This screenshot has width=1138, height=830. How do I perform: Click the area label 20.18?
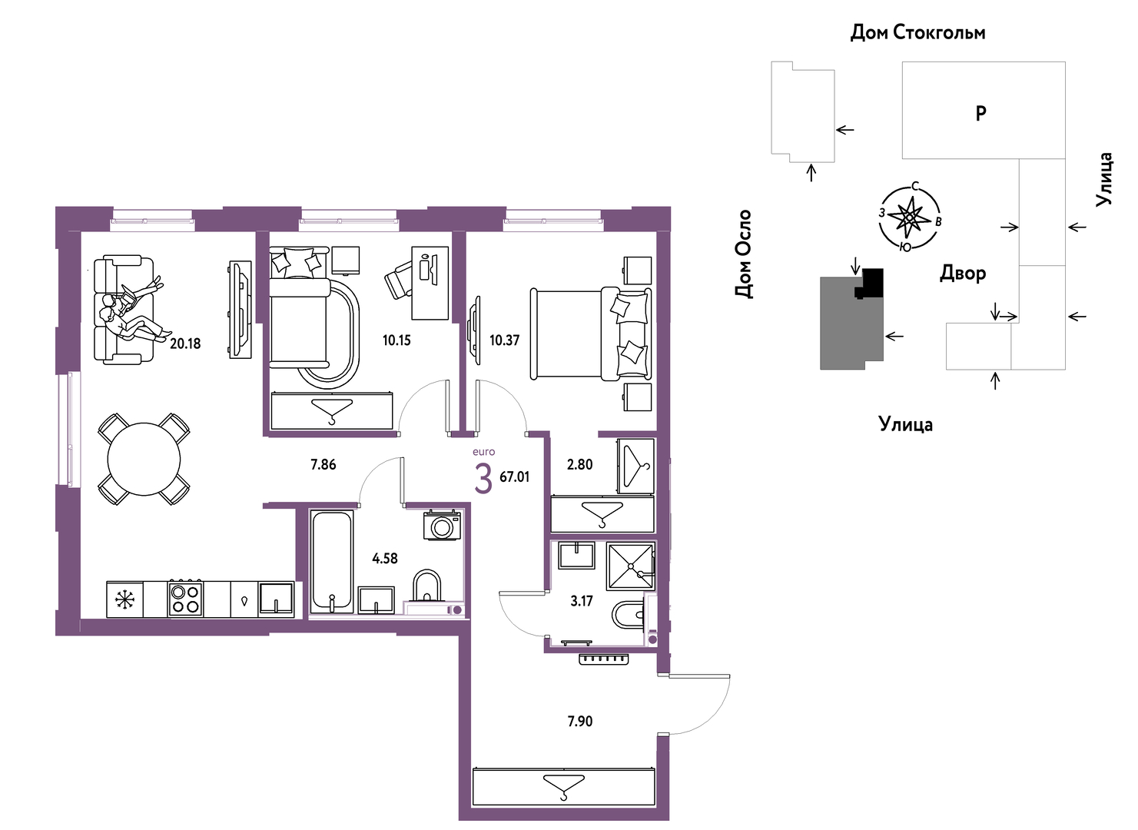tap(185, 344)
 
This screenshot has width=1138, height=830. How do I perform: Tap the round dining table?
tap(144, 459)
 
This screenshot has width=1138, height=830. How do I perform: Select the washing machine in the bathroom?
tap(442, 526)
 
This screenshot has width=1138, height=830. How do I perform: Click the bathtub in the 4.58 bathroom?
tap(331, 562)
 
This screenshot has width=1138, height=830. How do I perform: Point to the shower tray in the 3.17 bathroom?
tap(631, 566)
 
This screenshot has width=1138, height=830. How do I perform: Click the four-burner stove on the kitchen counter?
tap(185, 599)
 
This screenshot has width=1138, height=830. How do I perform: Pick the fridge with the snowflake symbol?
tap(125, 599)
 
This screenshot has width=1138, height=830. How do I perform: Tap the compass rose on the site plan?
tap(909, 217)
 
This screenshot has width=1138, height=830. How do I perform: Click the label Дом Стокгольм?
tap(917, 32)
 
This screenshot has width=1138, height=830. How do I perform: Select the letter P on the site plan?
tap(980, 113)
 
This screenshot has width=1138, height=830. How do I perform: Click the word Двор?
tap(963, 274)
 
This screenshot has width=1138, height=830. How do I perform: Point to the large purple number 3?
tap(483, 479)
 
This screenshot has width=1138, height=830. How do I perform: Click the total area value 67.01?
tap(514, 476)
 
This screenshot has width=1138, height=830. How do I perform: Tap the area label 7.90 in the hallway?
tap(579, 721)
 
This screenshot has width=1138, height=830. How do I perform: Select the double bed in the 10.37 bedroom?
tap(591, 334)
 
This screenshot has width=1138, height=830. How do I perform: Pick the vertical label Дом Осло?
tap(743, 254)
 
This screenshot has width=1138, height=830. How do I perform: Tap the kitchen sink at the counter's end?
tap(276, 599)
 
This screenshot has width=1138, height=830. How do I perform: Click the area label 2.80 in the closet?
tap(579, 464)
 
